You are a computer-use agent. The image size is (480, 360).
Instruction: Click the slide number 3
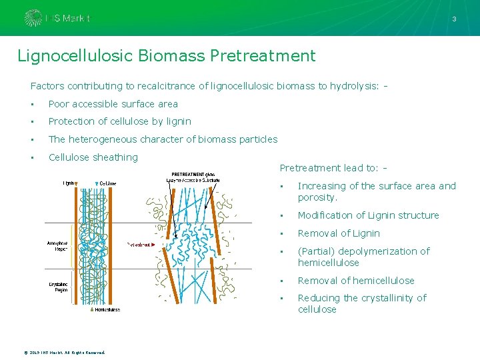454,19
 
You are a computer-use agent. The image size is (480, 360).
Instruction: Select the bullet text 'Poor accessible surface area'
113,104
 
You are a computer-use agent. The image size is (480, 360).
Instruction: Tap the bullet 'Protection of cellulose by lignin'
119,121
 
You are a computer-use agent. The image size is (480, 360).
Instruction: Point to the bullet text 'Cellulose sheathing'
93,157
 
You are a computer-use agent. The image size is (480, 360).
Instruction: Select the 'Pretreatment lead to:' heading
329,168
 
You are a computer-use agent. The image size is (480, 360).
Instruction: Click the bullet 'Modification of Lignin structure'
368,215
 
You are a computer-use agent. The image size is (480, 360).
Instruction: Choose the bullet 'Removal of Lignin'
339,233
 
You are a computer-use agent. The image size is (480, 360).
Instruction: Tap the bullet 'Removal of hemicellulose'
356,281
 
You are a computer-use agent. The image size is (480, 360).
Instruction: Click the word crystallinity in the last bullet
387,298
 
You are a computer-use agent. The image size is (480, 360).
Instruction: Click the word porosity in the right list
317,197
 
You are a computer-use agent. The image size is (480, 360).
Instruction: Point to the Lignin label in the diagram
69,182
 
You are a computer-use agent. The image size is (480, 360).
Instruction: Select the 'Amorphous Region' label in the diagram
57,246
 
